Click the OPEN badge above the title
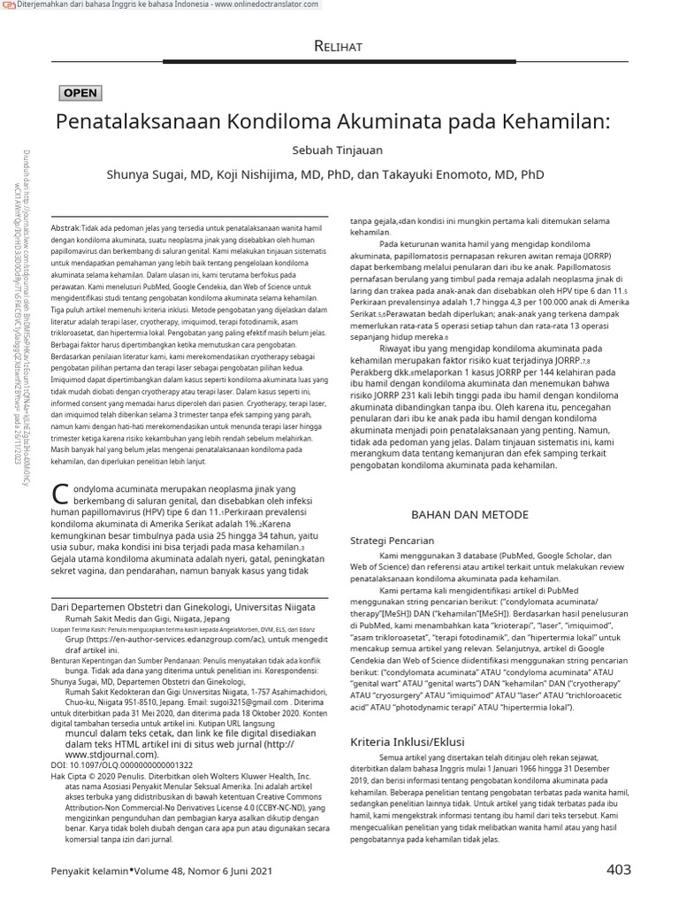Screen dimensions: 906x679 tap(80, 93)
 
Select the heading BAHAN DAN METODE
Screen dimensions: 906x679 tap(470, 514)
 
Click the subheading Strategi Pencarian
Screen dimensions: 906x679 tap(393, 540)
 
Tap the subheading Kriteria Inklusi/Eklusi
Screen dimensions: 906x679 tap(408, 741)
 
